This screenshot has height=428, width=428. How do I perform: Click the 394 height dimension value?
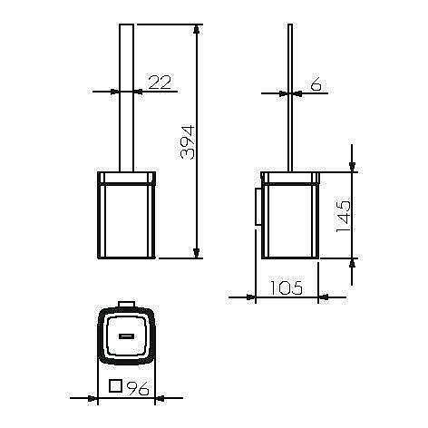click(188, 142)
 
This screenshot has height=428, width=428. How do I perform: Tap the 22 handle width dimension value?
click(160, 82)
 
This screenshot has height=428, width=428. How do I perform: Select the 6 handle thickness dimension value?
click(316, 83)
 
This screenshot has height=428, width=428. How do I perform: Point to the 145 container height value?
click(344, 217)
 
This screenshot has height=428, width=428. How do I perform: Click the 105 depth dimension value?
click(286, 287)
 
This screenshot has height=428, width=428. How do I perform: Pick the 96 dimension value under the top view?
click(138, 388)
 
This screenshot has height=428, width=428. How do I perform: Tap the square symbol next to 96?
click(115, 385)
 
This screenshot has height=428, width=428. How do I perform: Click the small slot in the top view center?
click(127, 336)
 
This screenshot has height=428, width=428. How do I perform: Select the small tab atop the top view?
click(127, 304)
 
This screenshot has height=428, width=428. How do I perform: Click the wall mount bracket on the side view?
click(258, 206)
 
